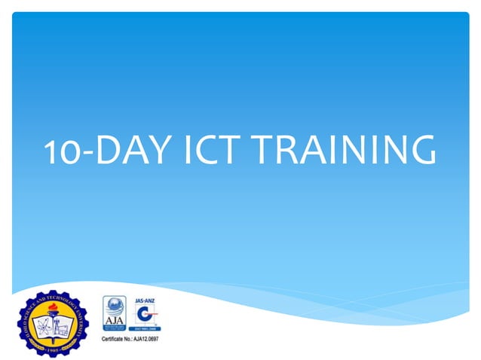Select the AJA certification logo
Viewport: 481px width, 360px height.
116,313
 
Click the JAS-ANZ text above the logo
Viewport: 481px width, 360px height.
145,299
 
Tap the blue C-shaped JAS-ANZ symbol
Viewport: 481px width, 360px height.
145,315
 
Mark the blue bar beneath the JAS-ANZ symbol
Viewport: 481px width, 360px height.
145,329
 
